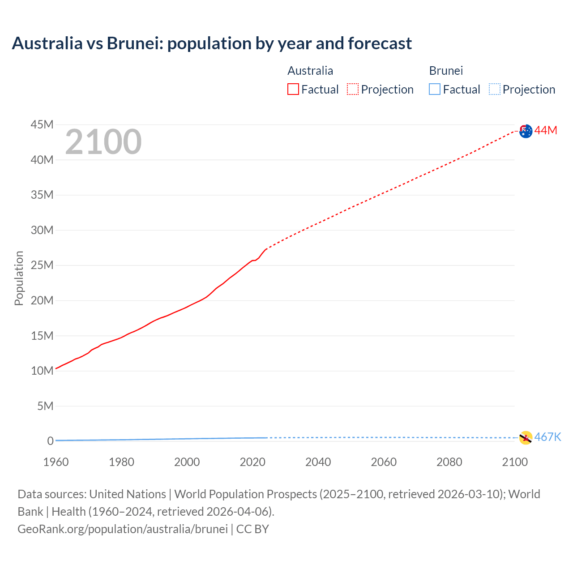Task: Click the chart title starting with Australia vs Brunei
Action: (212, 43)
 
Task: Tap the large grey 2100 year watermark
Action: (103, 142)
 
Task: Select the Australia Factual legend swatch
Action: (293, 90)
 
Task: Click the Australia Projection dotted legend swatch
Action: (353, 90)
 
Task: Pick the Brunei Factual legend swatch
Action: (435, 90)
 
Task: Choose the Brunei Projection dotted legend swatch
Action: (495, 90)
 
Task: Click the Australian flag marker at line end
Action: (526, 131)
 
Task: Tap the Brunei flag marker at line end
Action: (526, 438)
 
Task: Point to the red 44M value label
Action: (546, 130)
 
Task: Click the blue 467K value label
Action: (547, 437)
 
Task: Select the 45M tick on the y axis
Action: (42, 124)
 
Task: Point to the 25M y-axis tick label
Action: (42, 265)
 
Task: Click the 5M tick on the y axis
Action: (45, 406)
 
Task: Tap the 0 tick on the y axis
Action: (50, 441)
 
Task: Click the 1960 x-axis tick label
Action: (56, 462)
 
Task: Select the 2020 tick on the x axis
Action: (252, 462)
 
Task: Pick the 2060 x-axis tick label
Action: (384, 462)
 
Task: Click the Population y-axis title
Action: (19, 278)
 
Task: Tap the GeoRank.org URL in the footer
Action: (123, 529)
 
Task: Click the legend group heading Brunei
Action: (446, 71)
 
